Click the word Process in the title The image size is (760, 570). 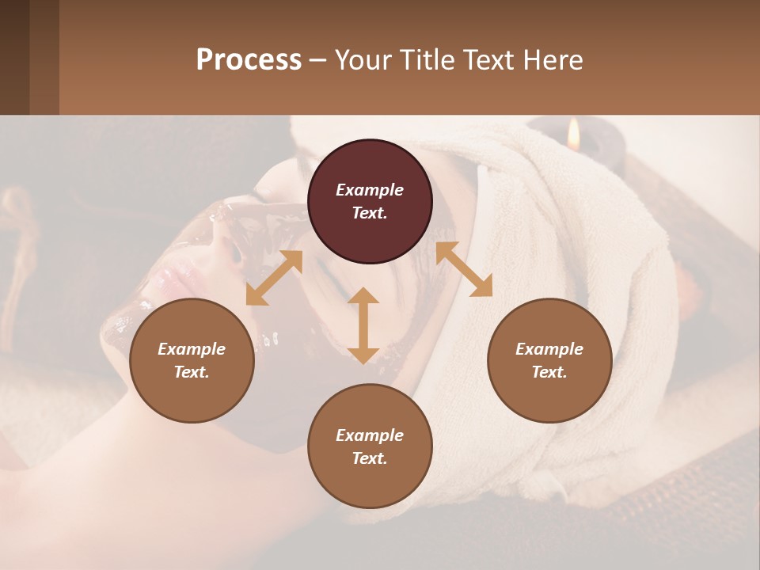[249, 60]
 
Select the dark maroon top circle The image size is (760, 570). [370, 202]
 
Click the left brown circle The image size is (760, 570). [192, 360]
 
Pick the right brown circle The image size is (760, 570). [549, 360]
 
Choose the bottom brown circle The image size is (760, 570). [370, 446]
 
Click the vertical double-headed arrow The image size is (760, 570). [363, 325]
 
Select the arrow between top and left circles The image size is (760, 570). [274, 278]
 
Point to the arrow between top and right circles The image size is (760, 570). [464, 269]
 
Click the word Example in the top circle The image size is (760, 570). [370, 190]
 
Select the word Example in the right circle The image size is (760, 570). [549, 349]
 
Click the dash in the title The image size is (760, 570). [318, 61]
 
